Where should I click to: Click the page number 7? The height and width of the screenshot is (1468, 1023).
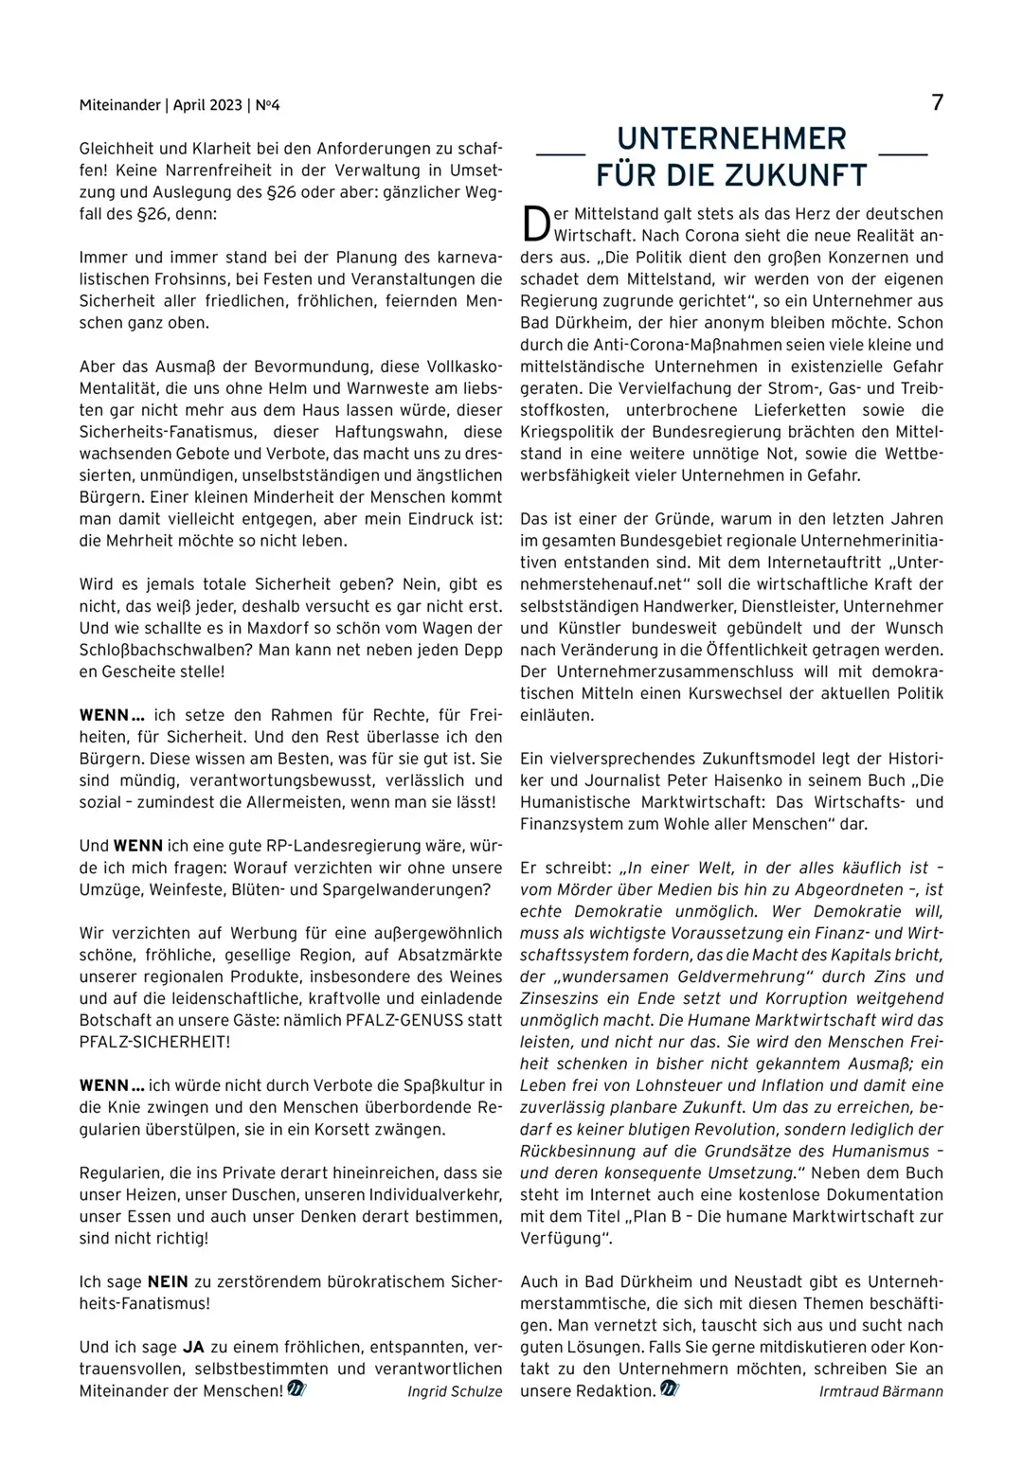pos(937,102)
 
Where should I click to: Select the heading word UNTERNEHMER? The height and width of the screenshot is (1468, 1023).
pos(731,139)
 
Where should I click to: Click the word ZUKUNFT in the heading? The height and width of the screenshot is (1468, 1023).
pos(798,175)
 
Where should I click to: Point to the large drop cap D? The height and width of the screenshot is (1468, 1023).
pos(535,224)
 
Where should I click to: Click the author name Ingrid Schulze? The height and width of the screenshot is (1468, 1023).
pos(455,1391)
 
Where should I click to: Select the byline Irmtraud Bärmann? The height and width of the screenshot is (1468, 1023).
pos(881,1391)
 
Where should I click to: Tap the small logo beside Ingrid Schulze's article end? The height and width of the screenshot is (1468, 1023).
pos(296,1389)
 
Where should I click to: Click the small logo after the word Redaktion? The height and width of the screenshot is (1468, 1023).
pos(670,1389)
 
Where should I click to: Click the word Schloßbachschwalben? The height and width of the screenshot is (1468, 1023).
pos(150,650)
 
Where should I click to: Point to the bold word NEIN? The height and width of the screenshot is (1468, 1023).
pos(168,1282)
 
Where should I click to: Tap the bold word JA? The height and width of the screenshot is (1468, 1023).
pos(193,1347)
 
